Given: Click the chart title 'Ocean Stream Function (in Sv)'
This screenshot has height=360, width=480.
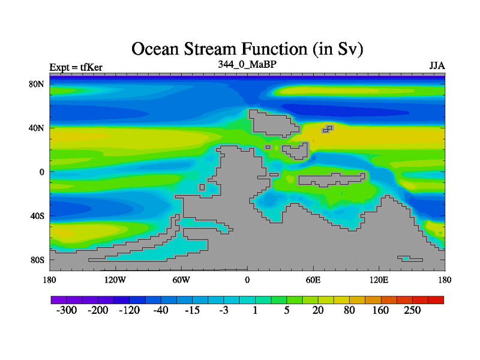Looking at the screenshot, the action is [247, 49].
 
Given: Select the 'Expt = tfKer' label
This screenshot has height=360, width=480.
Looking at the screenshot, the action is [76, 67].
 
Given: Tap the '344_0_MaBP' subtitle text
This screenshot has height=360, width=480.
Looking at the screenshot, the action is [247, 64].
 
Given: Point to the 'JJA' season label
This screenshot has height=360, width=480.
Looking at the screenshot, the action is [437, 66].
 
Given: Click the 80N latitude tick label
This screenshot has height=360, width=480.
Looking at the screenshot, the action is [37, 84].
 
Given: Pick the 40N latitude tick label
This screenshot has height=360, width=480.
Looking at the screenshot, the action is [37, 128].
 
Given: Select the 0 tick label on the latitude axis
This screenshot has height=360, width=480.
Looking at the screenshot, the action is [41, 172].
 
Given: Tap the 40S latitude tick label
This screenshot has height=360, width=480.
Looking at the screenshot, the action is [37, 216].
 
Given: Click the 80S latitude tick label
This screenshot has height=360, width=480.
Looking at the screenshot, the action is [37, 260].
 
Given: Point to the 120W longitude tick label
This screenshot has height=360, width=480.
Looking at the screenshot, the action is [115, 280].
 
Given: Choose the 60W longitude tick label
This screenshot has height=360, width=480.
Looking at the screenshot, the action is [181, 280].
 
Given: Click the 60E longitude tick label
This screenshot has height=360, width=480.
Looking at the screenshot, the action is [313, 280].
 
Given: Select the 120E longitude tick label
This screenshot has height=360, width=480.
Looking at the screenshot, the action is [379, 280].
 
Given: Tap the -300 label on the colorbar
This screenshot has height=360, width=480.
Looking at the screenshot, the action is [67, 310].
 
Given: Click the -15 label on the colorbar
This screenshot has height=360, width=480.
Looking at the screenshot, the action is [192, 310].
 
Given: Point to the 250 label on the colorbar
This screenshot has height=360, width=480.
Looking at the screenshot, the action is [412, 310].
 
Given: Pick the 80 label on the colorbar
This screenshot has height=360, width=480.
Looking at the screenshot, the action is [349, 310].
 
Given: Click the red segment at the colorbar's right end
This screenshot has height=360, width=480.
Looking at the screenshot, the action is [436, 300].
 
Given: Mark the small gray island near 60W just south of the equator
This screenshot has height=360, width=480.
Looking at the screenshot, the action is [202, 187].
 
